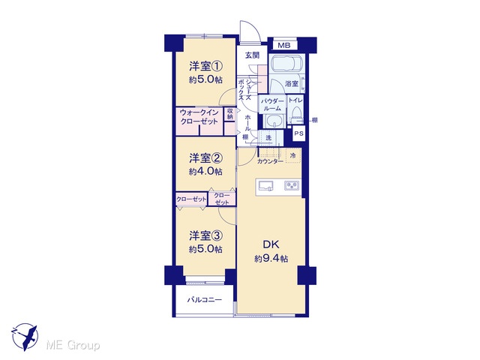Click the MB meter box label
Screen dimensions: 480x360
click(284, 46)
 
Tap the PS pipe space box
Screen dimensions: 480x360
click(298, 133)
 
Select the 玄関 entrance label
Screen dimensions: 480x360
click(252, 55)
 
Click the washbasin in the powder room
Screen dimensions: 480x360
click(273, 121)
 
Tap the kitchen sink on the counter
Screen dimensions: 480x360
click(266, 186)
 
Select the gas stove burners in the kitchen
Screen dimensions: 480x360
click(292, 185)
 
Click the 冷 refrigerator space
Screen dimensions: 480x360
click(293, 156)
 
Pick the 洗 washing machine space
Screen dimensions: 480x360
click(268, 137)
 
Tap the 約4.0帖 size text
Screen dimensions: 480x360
click(205, 172)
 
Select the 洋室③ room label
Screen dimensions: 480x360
click(205, 235)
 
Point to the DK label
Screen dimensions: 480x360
click(271, 244)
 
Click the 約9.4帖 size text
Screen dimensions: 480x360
click(271, 259)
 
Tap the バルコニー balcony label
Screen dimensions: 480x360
click(205, 300)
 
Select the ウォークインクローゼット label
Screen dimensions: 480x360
click(199, 117)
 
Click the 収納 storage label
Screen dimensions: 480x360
click(230, 114)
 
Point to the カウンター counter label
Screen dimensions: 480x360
click(270, 161)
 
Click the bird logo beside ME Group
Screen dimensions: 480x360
click(25, 337)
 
